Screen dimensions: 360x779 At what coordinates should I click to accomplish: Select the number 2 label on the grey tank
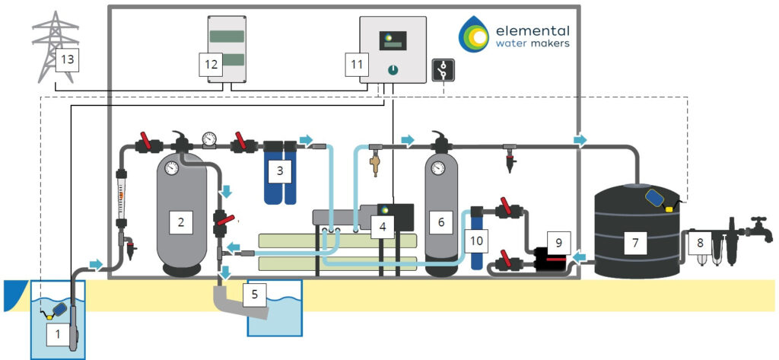[181, 222]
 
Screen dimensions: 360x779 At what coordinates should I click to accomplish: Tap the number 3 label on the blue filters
[280, 170]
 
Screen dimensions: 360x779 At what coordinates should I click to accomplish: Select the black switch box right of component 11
[441, 70]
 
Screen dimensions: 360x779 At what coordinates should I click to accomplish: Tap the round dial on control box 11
[392, 69]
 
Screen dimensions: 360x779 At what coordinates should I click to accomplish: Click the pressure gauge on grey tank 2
[172, 168]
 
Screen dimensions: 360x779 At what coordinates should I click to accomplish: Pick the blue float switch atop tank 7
[655, 196]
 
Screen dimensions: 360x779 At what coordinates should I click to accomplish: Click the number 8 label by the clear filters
[698, 244]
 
